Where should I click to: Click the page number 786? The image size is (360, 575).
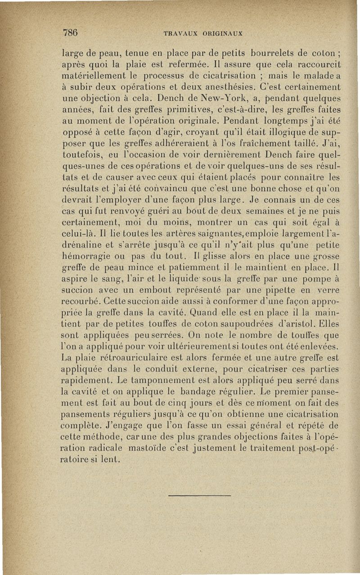tap(71, 32)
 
